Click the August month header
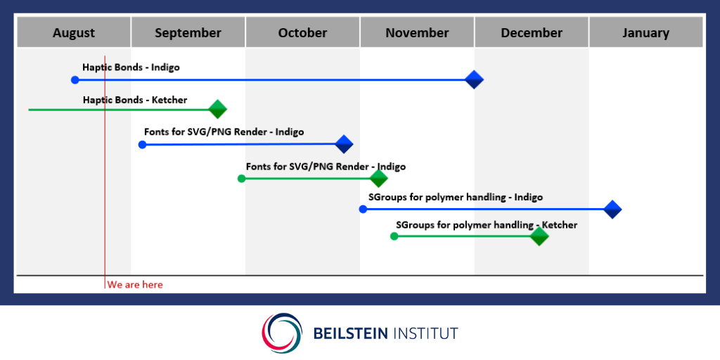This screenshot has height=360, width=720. pyautogui.click(x=73, y=32)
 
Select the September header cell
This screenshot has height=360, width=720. pyautogui.click(x=188, y=32)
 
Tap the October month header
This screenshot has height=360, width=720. pyautogui.click(x=302, y=32)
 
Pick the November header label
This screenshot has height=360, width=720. pyautogui.click(x=417, y=32)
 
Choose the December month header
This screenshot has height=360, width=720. pyautogui.click(x=532, y=32)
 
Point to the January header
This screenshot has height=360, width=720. pyautogui.click(x=646, y=32)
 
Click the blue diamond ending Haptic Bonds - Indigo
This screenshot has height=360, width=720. pyautogui.click(x=474, y=80)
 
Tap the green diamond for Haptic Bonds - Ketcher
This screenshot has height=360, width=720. pyautogui.click(x=218, y=109)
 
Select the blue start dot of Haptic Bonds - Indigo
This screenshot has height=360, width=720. pyautogui.click(x=75, y=80)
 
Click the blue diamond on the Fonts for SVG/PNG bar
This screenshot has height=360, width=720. pyautogui.click(x=343, y=144)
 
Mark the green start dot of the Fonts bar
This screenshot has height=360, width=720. pyautogui.click(x=242, y=178)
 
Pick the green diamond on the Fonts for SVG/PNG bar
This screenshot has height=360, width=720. pyautogui.click(x=378, y=178)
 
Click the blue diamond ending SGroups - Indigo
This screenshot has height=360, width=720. pyautogui.click(x=612, y=210)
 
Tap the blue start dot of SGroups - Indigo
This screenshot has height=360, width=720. pyautogui.click(x=363, y=210)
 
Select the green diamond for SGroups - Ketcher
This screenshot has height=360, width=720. pyautogui.click(x=539, y=236)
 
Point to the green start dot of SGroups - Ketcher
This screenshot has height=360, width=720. pyautogui.click(x=394, y=236)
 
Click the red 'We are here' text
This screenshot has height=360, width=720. pyautogui.click(x=135, y=285)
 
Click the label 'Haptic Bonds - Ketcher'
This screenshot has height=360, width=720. pyautogui.click(x=135, y=100)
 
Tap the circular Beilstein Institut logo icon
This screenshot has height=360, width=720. pyautogui.click(x=282, y=333)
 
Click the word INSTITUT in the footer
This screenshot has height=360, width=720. pyautogui.click(x=425, y=333)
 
